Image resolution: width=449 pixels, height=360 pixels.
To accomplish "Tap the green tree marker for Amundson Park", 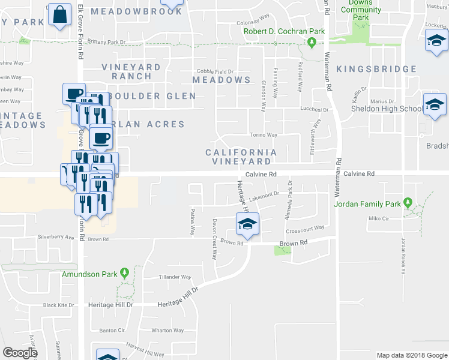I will pyautogui.click(x=125, y=273).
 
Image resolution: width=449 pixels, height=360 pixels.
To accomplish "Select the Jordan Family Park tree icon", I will pyautogui.click(x=408, y=203).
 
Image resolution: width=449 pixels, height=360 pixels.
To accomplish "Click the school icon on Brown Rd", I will pyautogui.click(x=247, y=225).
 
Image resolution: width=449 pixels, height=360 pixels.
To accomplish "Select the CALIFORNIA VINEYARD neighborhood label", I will pyautogui.click(x=241, y=157).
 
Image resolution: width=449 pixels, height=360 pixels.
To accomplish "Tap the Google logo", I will pyautogui.click(x=20, y=353).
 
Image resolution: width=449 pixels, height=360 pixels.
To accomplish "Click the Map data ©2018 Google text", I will pyautogui.click(x=411, y=355).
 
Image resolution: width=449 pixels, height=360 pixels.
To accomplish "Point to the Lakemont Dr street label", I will pyautogui.click(x=264, y=194).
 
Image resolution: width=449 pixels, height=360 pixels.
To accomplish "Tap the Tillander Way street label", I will pyautogui.click(x=175, y=277).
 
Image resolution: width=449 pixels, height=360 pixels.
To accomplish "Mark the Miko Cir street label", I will pyautogui.click(x=375, y=219).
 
